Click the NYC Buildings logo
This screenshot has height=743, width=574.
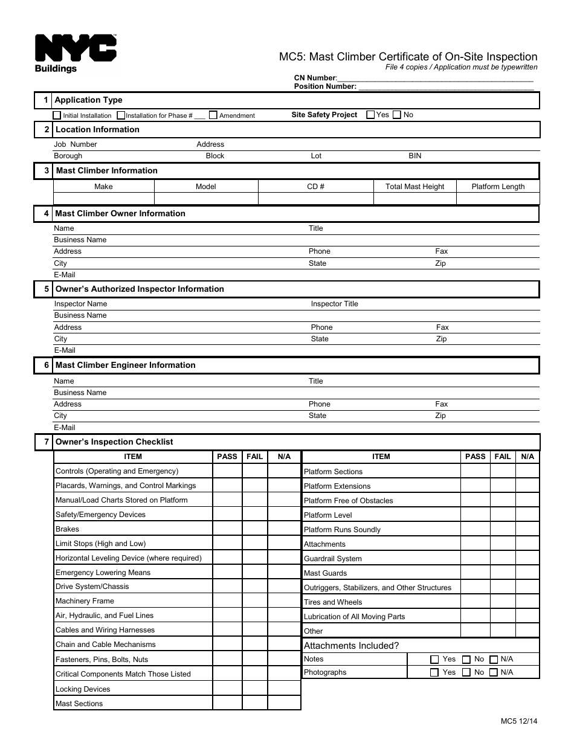pyautogui.click(x=76, y=54)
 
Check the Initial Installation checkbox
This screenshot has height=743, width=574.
pyautogui.click(x=57, y=115)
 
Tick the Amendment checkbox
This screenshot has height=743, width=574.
pyautogui.click(x=213, y=115)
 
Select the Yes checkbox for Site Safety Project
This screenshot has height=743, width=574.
pyautogui.click(x=370, y=114)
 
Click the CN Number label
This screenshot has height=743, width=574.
pyautogui.click(x=315, y=78)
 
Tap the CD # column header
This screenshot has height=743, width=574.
pyautogui.click(x=315, y=187)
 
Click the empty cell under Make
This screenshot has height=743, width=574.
pyautogui.click(x=103, y=199)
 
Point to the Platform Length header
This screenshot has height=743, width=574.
pyautogui.click(x=498, y=187)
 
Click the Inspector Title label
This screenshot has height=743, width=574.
pyautogui.click(x=334, y=304)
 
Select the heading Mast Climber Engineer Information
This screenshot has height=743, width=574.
pyautogui.click(x=125, y=365)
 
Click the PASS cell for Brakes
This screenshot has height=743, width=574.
pyautogui.click(x=227, y=529)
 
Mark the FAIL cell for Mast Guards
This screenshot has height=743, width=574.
pyautogui.click(x=502, y=573)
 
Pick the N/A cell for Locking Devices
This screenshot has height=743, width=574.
pyautogui.click(x=284, y=689)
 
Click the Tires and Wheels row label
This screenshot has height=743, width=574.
pyautogui.click(x=333, y=602)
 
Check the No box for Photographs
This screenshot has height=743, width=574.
pyautogui.click(x=466, y=672)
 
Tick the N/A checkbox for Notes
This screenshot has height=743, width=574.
pyautogui.click(x=494, y=659)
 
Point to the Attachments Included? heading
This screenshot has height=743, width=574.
pyautogui.click(x=351, y=646)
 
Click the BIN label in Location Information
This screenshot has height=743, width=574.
pyautogui.click(x=414, y=156)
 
